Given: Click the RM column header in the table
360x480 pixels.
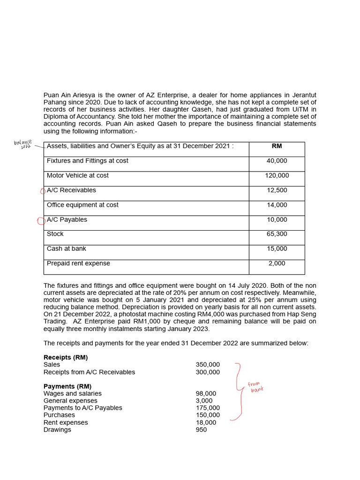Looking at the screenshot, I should click(x=277, y=146).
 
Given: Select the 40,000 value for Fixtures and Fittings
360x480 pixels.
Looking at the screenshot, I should click(x=277, y=161).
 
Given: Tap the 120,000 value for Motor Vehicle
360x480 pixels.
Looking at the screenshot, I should click(x=277, y=175).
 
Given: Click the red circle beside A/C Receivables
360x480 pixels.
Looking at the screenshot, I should click(x=43, y=191).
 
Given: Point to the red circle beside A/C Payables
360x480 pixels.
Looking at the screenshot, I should click(x=41, y=220).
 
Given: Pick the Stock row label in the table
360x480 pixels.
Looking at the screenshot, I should click(x=55, y=234).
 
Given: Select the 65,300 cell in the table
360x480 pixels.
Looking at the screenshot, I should click(x=277, y=234).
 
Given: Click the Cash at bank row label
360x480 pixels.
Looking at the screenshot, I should click(x=66, y=248).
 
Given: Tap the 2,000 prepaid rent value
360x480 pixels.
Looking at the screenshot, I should click(x=277, y=263).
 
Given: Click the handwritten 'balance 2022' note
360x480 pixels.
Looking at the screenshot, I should click(x=23, y=144).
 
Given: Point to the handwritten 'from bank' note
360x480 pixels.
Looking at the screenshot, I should click(x=255, y=387).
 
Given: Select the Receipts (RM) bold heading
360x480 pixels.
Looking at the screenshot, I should click(x=66, y=357).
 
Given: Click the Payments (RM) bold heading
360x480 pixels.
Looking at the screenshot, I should click(x=67, y=386).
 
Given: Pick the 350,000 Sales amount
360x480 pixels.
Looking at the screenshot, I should click(x=208, y=365).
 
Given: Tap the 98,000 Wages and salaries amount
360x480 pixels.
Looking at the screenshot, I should click(x=206, y=394).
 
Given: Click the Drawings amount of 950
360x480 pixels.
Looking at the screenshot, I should click(x=201, y=429).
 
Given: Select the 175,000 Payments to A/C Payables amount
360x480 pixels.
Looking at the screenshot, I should click(x=208, y=408).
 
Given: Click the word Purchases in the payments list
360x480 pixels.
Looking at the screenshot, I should click(x=59, y=415).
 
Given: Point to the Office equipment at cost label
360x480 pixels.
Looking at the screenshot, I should click(x=82, y=205).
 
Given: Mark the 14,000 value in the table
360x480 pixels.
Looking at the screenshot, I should click(x=277, y=205).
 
